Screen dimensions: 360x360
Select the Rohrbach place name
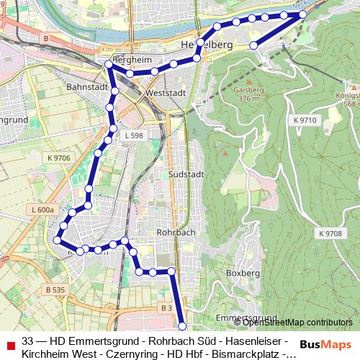(x=176, y=233)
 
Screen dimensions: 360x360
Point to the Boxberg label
(x=242, y=274)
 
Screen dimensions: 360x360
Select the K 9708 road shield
(x=329, y=234)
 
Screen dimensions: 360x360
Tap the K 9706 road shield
(x=59, y=158)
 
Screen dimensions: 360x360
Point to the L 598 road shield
(x=134, y=135)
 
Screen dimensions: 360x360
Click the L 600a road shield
(x=42, y=210)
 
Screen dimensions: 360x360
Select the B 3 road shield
(x=166, y=307)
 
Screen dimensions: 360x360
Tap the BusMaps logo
(x=325, y=345)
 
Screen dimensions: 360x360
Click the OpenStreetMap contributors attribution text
(x=288, y=323)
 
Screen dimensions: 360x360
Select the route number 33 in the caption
(x=27, y=341)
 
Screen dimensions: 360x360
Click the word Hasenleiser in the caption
(x=256, y=341)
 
